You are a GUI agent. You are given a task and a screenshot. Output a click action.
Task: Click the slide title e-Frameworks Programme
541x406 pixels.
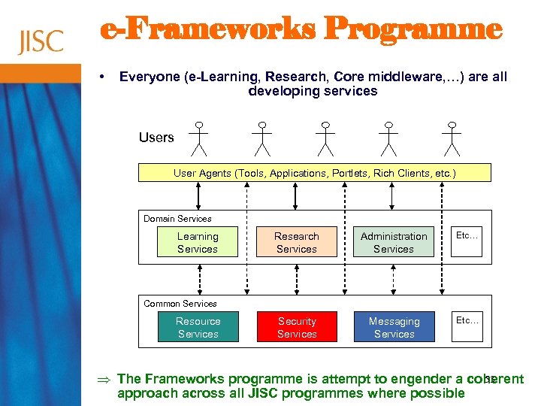coord(301,30)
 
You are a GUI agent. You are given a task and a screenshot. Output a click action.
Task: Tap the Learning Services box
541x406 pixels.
coord(198,243)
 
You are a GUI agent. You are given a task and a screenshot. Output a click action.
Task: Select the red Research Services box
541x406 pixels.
coord(297,243)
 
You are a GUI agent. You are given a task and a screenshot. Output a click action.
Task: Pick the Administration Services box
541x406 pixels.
coord(394,243)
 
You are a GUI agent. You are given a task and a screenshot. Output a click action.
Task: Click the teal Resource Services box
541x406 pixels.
coord(198,328)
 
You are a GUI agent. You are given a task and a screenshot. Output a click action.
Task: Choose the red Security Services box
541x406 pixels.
coord(297,328)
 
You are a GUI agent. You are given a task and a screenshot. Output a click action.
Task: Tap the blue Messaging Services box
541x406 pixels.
coord(394,328)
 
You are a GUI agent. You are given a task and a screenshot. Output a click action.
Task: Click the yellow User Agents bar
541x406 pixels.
coord(314,173)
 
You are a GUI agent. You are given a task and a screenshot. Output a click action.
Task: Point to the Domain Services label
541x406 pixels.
coord(178,219)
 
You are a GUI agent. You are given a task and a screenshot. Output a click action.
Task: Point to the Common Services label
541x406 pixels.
coord(180,304)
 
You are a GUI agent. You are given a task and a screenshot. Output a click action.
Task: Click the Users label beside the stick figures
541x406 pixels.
coord(156,138)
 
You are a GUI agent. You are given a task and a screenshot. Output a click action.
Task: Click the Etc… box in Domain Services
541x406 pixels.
coord(467,236)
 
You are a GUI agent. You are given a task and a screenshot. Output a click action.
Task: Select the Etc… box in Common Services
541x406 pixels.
coord(467,321)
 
